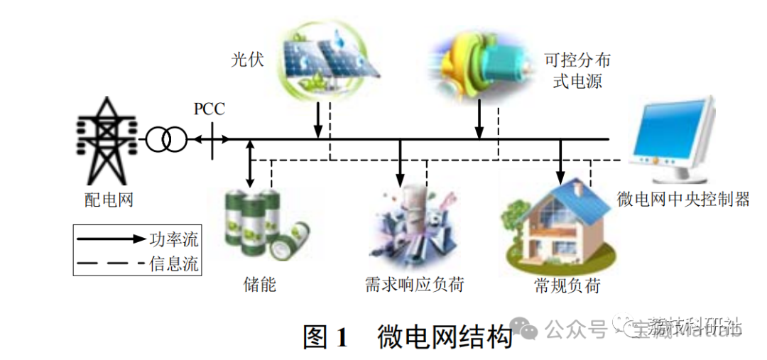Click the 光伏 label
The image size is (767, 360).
(246, 59)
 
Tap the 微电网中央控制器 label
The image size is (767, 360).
(682, 199)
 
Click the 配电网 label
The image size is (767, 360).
(109, 200)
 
